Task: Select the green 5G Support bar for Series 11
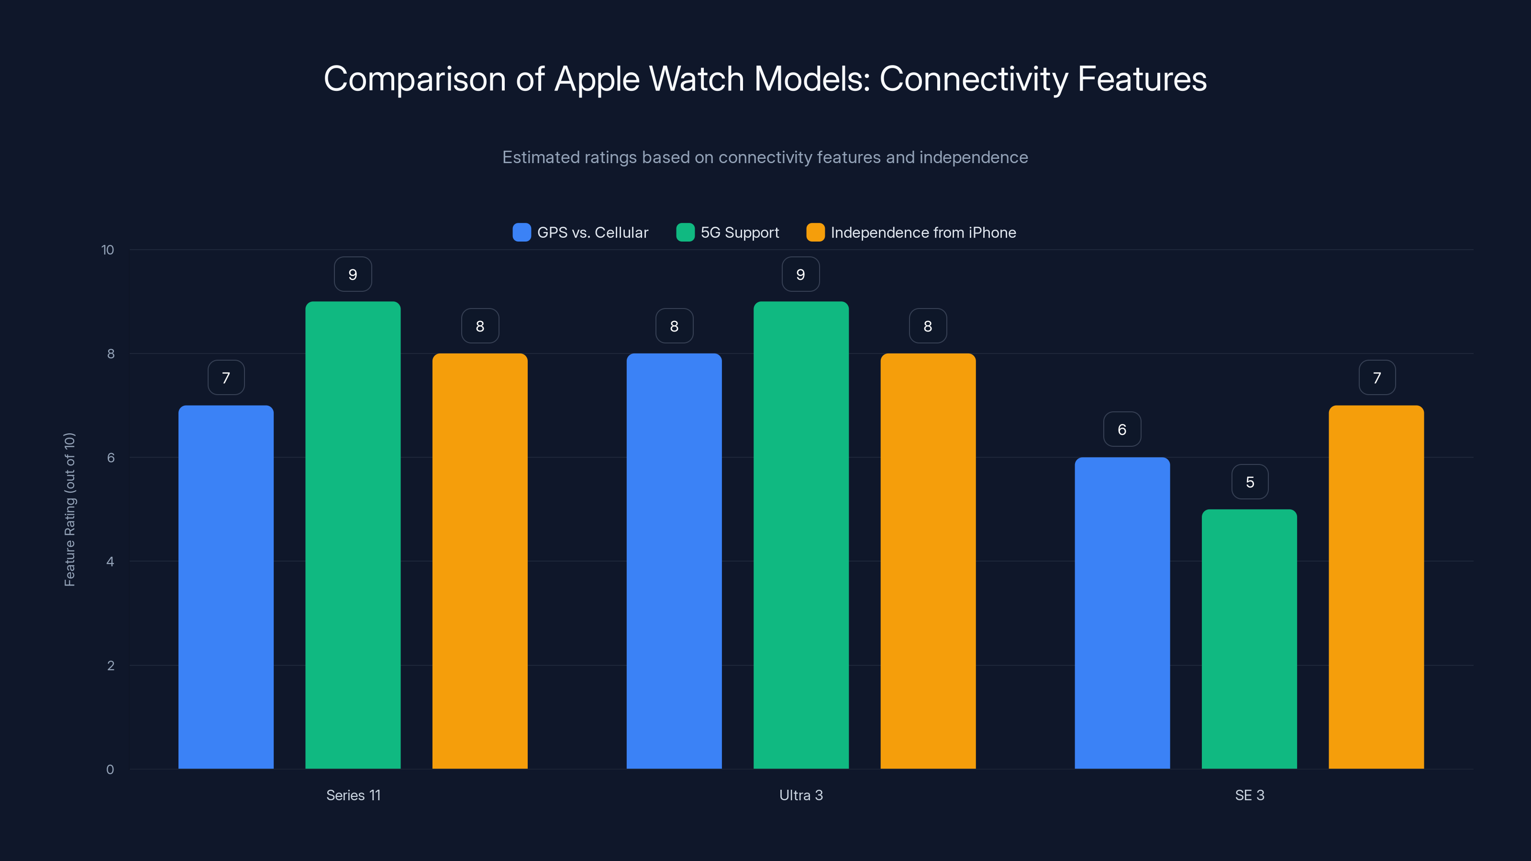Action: pyautogui.click(x=353, y=535)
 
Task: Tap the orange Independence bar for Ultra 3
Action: pyautogui.click(x=928, y=561)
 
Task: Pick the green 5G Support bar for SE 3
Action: pyautogui.click(x=1249, y=639)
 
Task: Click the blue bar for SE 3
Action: pyautogui.click(x=1122, y=613)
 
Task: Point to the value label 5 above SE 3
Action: pyautogui.click(x=1250, y=482)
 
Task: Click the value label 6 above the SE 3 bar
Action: pyautogui.click(x=1122, y=429)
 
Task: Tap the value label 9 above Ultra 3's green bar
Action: pyautogui.click(x=800, y=275)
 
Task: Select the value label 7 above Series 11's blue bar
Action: pyautogui.click(x=226, y=378)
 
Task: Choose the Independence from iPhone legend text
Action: pyautogui.click(x=923, y=232)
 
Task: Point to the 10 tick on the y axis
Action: pyautogui.click(x=108, y=250)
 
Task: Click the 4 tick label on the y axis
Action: pyautogui.click(x=111, y=562)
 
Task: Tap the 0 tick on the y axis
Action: pyautogui.click(x=111, y=770)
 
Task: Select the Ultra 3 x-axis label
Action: pyautogui.click(x=800, y=795)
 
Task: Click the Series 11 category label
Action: pyautogui.click(x=353, y=795)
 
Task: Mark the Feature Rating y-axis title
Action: pyautogui.click(x=69, y=509)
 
